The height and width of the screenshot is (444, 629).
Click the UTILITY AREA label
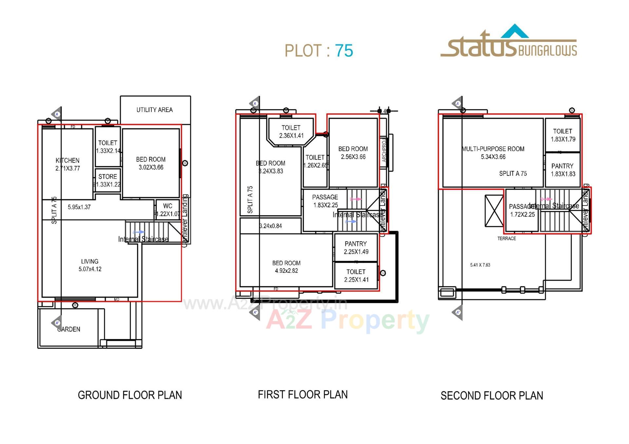pyautogui.click(x=154, y=110)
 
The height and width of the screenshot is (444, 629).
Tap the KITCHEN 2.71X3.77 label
pyautogui.click(x=67, y=164)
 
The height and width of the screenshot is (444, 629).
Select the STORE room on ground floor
pyautogui.click(x=108, y=180)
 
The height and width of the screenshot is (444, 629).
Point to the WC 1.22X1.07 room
pyautogui.click(x=168, y=210)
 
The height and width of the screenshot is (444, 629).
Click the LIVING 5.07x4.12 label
pyautogui.click(x=90, y=265)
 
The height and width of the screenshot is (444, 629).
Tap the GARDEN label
pyautogui.click(x=69, y=329)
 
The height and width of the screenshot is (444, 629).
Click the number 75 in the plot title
pyautogui.click(x=344, y=51)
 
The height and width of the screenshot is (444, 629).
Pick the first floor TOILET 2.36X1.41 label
pyautogui.click(x=291, y=132)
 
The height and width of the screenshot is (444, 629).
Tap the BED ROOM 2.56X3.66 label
pyautogui.click(x=353, y=153)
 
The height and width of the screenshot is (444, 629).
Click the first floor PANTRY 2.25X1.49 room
pyautogui.click(x=356, y=248)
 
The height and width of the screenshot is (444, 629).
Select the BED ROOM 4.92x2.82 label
pyautogui.click(x=286, y=267)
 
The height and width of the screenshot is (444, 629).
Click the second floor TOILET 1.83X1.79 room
pyautogui.click(x=562, y=135)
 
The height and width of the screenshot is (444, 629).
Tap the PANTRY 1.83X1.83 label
pyautogui.click(x=562, y=170)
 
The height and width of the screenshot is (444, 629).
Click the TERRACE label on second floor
pyautogui.click(x=506, y=239)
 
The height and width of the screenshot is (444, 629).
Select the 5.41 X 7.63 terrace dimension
pyautogui.click(x=480, y=265)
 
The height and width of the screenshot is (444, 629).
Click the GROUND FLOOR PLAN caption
pyautogui.click(x=130, y=395)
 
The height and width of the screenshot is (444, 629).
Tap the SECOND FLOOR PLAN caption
pyautogui.click(x=491, y=396)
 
